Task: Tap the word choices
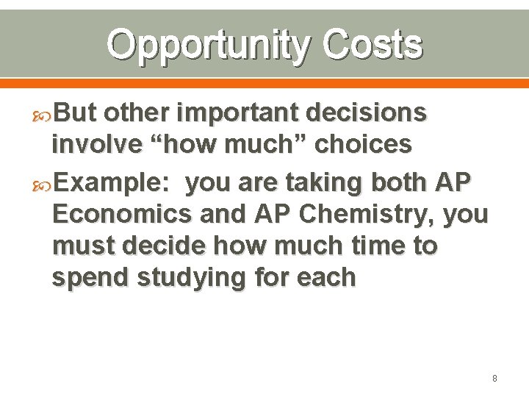click(x=363, y=145)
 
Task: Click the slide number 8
click(x=494, y=379)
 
